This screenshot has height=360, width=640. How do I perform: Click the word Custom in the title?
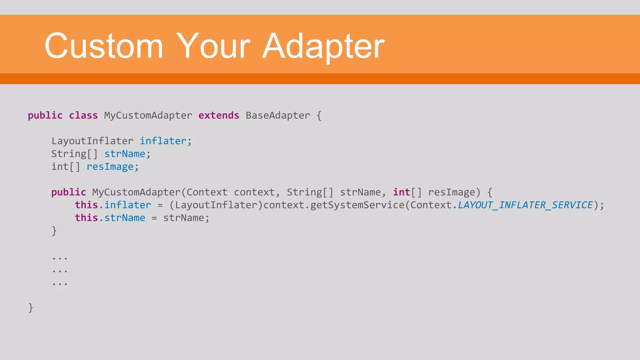pos(104,46)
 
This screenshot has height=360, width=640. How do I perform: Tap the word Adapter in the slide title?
pos(323,46)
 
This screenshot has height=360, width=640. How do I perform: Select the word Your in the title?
pos(213,46)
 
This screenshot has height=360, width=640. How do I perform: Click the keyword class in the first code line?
pos(83,116)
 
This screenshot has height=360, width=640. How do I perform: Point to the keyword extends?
pos(219,116)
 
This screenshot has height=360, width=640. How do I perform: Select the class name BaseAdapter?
pos(278,116)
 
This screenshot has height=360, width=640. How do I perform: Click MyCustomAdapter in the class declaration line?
pos(148,116)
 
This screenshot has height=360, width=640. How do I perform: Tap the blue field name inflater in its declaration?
pos(163,141)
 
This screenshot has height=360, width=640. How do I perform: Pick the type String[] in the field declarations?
pos(74,154)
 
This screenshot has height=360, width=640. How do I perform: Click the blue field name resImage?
pos(110,167)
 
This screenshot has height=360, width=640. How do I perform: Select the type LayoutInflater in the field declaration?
pos(92,141)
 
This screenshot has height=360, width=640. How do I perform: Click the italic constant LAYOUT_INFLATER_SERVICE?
pos(525,205)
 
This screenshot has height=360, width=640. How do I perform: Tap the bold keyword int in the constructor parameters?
pos(401,192)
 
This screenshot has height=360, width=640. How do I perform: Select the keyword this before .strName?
pos(86,218)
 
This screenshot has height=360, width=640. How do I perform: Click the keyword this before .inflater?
pos(86,205)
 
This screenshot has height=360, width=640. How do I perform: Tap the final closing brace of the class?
pos(31,308)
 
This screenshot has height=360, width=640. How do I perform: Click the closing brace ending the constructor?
pos(54,231)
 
